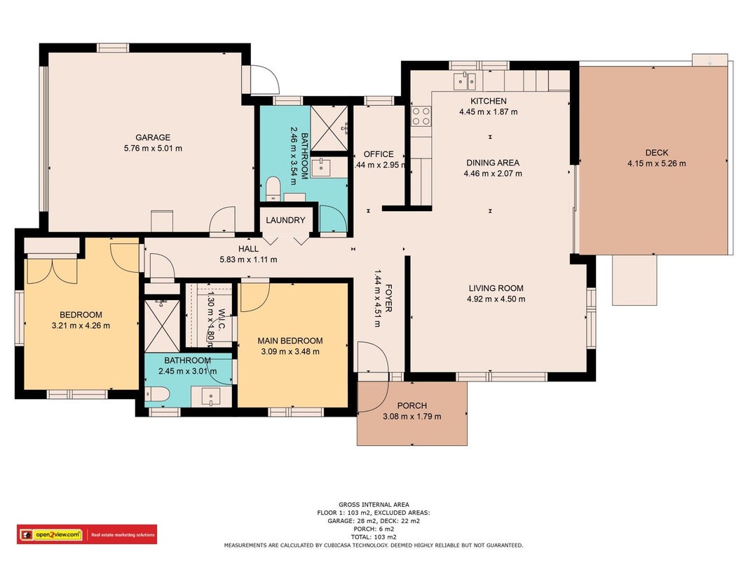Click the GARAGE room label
click(x=153, y=137)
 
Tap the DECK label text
click(x=656, y=153)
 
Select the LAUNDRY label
click(x=285, y=220)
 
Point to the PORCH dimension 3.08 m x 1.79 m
click(x=412, y=417)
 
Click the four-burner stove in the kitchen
click(x=421, y=116)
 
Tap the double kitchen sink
click(x=465, y=81)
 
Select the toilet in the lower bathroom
click(x=157, y=395)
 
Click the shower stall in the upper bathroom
click(x=329, y=128)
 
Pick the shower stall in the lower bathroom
click(x=162, y=325)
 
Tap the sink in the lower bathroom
click(x=210, y=396)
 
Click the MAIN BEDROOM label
click(x=290, y=341)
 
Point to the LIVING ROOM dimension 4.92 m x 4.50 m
click(x=496, y=299)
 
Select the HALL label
click(x=249, y=248)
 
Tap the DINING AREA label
click(x=493, y=163)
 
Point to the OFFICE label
click(x=379, y=154)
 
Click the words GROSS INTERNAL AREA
click(x=374, y=504)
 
